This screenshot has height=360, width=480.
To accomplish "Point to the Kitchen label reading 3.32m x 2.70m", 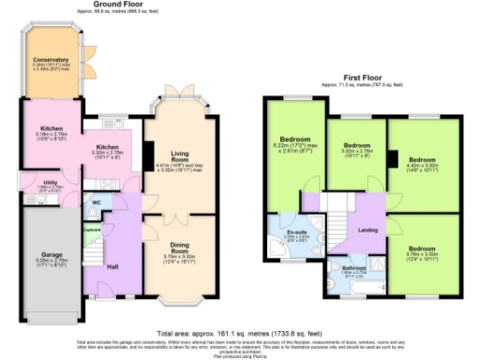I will coord(108,146).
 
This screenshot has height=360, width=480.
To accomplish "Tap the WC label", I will coord(97,202).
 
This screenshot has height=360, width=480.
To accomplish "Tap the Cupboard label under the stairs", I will coord(92,229).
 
